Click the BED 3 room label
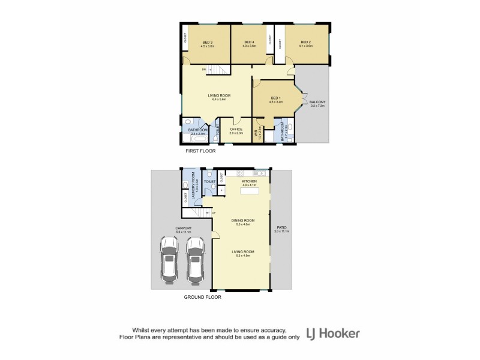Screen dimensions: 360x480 point(207,43)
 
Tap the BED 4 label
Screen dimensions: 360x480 point(249,43)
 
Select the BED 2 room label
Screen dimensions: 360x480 point(305,43)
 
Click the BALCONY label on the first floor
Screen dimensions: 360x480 point(317,104)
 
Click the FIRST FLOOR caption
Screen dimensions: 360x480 point(200,151)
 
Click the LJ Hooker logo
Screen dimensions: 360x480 point(333,333)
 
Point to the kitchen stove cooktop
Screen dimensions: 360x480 point(263,173)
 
